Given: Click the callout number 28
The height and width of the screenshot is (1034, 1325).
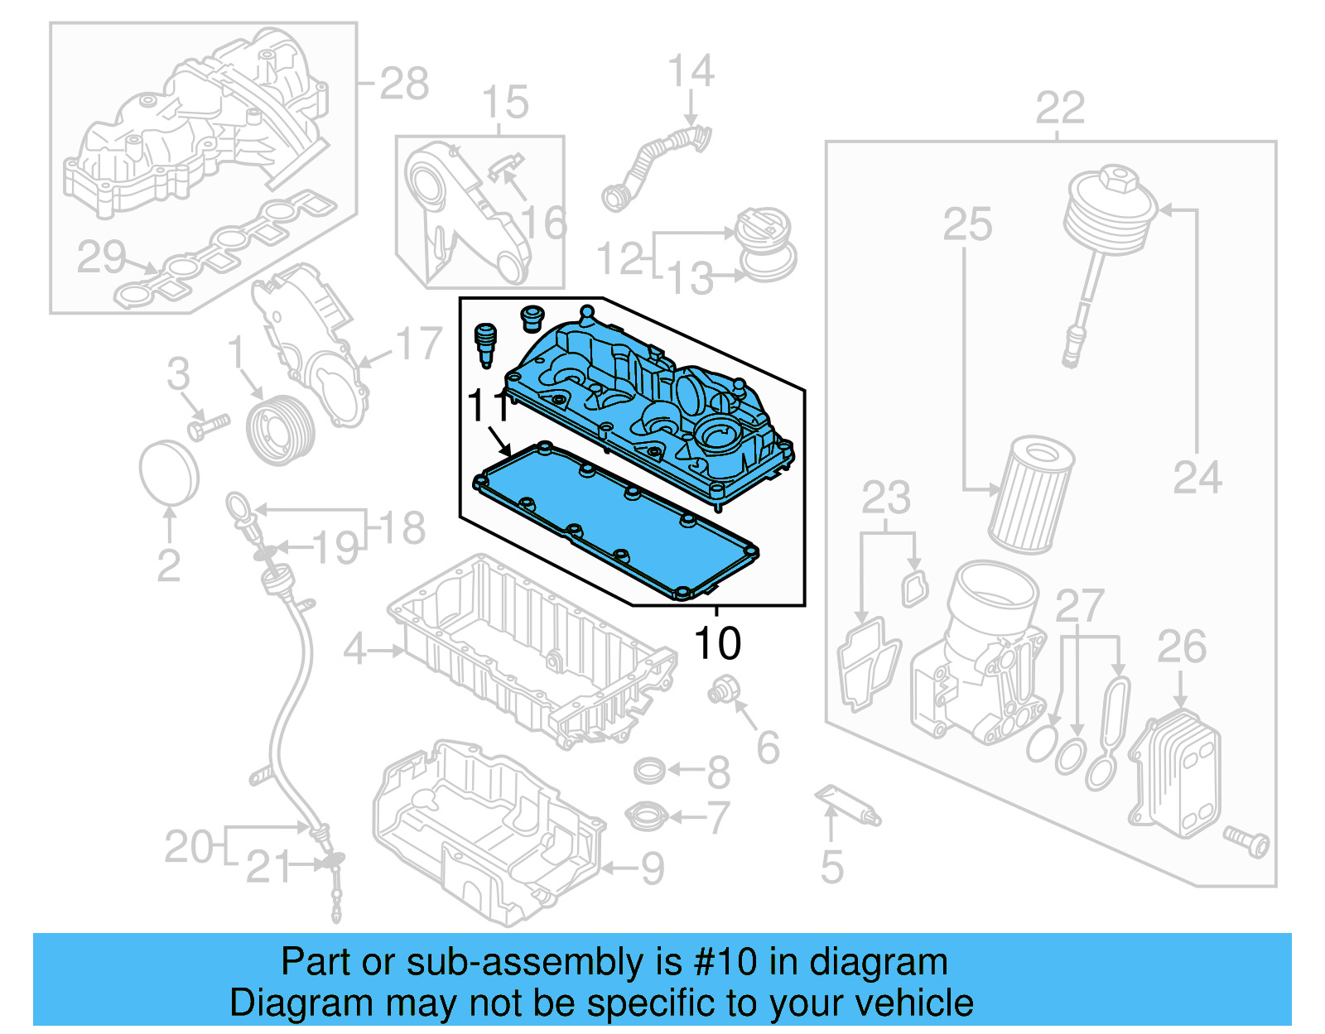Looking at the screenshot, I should point(404,84).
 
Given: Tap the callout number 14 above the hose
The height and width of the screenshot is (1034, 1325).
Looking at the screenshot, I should point(691,71).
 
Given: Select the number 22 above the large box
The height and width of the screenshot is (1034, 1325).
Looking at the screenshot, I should point(1060,108).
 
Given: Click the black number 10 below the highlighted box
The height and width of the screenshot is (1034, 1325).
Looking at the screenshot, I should point(717,644).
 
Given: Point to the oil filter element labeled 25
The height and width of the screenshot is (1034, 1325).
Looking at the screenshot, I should point(1031,496).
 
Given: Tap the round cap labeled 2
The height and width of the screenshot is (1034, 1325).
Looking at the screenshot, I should point(169,472).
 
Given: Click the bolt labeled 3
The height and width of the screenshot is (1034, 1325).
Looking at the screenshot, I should point(207,427).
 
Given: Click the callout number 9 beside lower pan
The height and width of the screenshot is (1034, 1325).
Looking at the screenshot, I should point(653,868).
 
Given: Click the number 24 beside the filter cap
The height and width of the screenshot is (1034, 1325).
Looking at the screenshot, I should point(1197,478).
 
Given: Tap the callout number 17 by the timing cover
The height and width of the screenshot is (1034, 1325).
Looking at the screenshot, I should point(419,344).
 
